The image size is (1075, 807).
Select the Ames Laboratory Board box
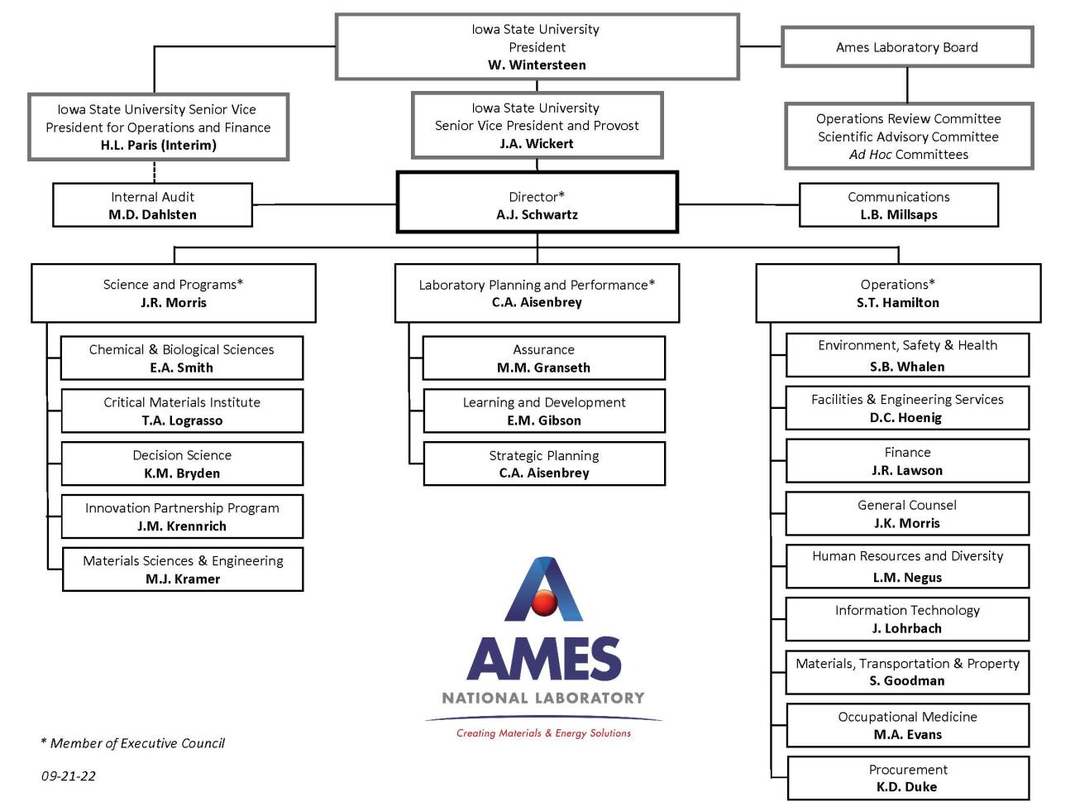tap(906, 47)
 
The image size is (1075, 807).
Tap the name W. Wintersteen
tap(537, 65)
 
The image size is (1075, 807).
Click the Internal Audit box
tap(152, 205)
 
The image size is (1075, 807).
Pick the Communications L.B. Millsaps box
tap(898, 205)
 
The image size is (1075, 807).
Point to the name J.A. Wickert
tap(537, 144)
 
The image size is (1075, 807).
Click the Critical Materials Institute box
tap(182, 411)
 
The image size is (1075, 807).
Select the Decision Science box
tap(182, 464)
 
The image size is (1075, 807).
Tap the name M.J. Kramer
tap(183, 579)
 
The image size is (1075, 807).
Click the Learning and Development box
tap(543, 411)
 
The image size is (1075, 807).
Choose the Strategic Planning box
tap(543, 464)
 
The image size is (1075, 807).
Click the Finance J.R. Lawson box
tap(907, 461)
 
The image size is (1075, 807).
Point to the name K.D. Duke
tap(907, 787)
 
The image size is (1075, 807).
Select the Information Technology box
tap(907, 618)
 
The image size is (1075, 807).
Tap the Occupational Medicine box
tap(907, 725)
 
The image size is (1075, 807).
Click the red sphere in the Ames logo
tap(544, 603)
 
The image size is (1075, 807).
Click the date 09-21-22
tap(69, 776)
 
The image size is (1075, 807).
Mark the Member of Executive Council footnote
tap(133, 743)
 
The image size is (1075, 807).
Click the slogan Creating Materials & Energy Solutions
tap(543, 733)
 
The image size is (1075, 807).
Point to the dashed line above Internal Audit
tap(155, 171)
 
